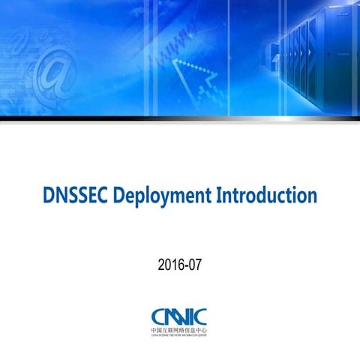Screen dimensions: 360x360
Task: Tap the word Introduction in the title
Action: point(265,197)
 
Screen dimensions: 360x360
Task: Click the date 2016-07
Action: point(180,264)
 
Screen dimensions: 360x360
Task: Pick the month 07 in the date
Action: point(196,264)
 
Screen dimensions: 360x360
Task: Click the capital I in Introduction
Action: point(219,197)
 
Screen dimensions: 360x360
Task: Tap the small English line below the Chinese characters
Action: point(180,336)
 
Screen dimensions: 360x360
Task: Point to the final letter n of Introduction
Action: point(311,199)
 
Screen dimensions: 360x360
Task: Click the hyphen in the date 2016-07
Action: point(187,265)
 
